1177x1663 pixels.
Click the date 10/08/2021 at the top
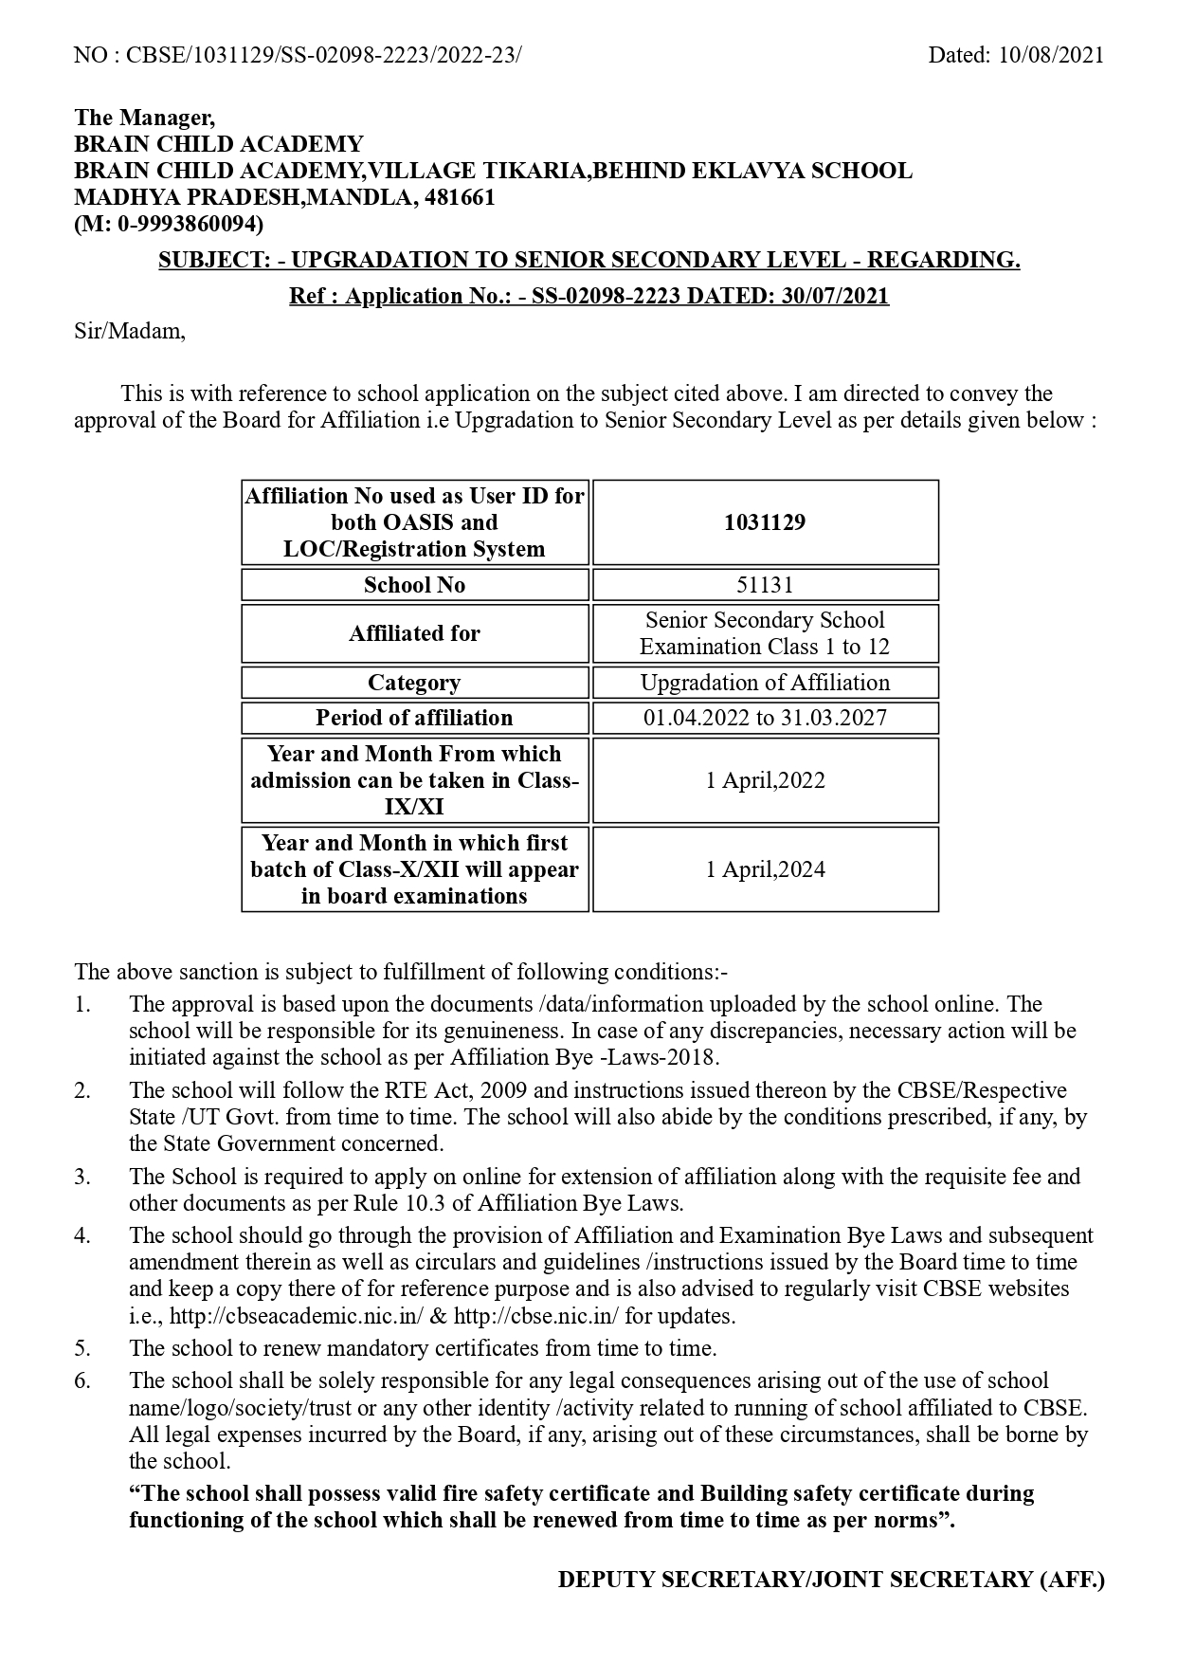tap(1051, 55)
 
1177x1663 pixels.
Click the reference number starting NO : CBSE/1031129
tap(298, 55)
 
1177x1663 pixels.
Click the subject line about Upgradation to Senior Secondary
tap(588, 260)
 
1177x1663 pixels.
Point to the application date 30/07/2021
tap(835, 296)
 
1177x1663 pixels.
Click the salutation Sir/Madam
tap(130, 332)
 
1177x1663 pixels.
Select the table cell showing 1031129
tap(765, 522)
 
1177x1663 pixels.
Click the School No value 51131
tap(765, 585)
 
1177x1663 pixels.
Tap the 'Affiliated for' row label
tap(414, 633)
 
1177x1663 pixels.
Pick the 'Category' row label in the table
tap(414, 683)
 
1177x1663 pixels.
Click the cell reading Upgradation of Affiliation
tap(765, 683)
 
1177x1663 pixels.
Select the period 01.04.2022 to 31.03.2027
tap(765, 718)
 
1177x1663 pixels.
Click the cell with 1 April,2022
tap(765, 780)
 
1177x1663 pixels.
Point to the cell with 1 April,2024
tap(765, 869)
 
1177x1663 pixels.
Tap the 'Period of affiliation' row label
tap(414, 718)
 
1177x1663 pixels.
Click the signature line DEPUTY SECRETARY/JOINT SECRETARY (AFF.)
tap(831, 1580)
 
